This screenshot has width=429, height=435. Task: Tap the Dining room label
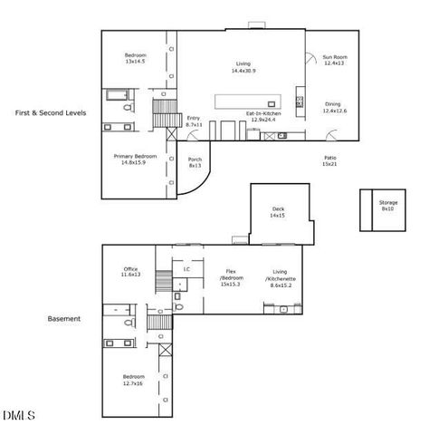coord(332,107)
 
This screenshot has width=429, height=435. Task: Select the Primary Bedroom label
coord(135,159)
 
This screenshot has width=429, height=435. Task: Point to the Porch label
coord(195,163)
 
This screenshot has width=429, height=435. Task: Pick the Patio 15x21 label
coord(330,160)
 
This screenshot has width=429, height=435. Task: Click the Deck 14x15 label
coord(278,212)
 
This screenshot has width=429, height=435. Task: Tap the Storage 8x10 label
coord(387,206)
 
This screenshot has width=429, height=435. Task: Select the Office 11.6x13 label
coord(131,272)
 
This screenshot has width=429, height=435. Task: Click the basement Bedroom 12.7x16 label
coord(133,379)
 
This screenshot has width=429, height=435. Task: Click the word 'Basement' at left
coord(63,319)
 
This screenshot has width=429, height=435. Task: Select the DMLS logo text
coord(18,417)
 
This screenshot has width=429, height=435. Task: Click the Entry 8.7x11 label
coord(194,121)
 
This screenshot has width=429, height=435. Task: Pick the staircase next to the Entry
coord(164,113)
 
